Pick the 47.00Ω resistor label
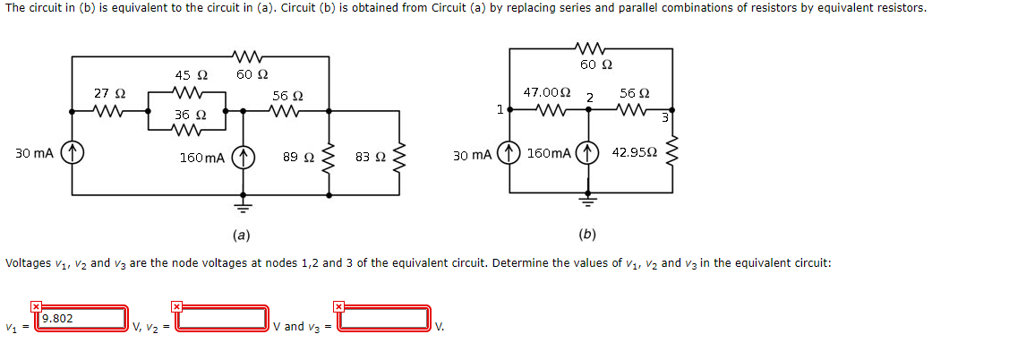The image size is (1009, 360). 546,92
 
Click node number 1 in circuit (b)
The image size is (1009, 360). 499,109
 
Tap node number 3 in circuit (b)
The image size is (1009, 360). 665,118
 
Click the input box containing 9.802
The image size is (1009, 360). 81,318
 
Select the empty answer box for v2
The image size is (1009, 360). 222,318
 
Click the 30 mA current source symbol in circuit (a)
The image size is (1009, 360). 73,153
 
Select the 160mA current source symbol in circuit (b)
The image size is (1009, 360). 588,153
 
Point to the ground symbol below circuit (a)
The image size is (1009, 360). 241,203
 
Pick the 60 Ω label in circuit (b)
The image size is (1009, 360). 595,64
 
